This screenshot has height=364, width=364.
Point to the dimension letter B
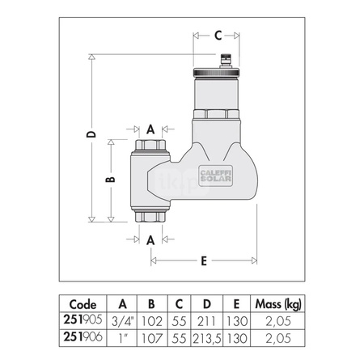click(112, 180)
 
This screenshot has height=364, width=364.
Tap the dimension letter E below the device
click(204, 260)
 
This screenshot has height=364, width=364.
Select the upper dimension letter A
click(150, 129)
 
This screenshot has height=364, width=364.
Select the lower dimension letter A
click(150, 239)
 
